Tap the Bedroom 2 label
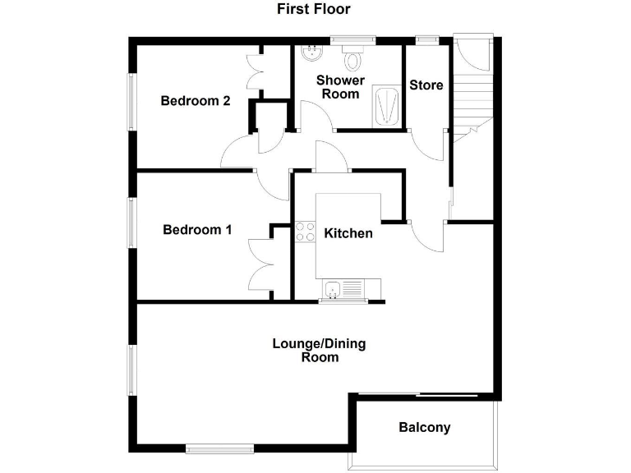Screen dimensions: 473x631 195,101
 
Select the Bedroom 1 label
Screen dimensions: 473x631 197,230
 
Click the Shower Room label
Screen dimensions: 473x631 340,87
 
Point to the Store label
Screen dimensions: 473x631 426,85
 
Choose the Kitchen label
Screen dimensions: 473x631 348,234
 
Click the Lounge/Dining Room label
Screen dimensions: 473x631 319,350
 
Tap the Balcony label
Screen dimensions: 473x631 425,428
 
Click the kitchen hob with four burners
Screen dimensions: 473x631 306,232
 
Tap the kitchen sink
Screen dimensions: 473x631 334,288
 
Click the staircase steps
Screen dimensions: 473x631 472,99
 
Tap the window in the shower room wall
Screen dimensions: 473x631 353,39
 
